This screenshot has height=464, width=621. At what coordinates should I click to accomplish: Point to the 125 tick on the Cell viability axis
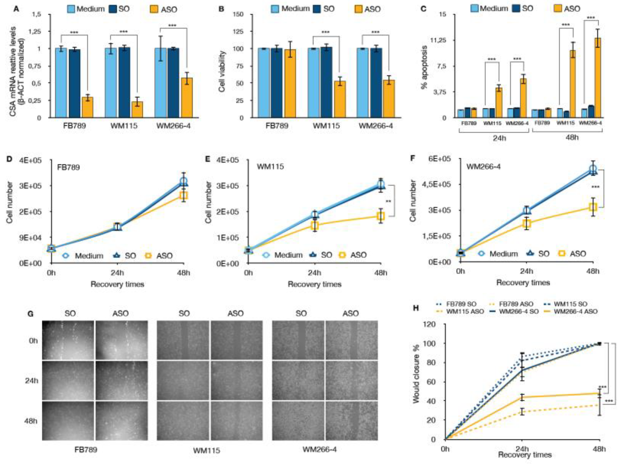coord(238,31)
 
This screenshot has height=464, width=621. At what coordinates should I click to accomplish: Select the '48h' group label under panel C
coord(572,138)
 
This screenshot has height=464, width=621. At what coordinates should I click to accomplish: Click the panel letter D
coord(9,159)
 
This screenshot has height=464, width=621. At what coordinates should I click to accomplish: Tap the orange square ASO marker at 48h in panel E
coord(381,216)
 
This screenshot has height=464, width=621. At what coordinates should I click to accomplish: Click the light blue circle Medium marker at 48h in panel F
coord(593,169)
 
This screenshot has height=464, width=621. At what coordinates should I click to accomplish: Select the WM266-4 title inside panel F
coord(483,167)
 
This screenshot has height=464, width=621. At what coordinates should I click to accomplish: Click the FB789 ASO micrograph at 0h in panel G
coord(121,340)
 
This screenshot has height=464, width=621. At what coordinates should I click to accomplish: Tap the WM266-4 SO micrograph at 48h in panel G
coord(298,420)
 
